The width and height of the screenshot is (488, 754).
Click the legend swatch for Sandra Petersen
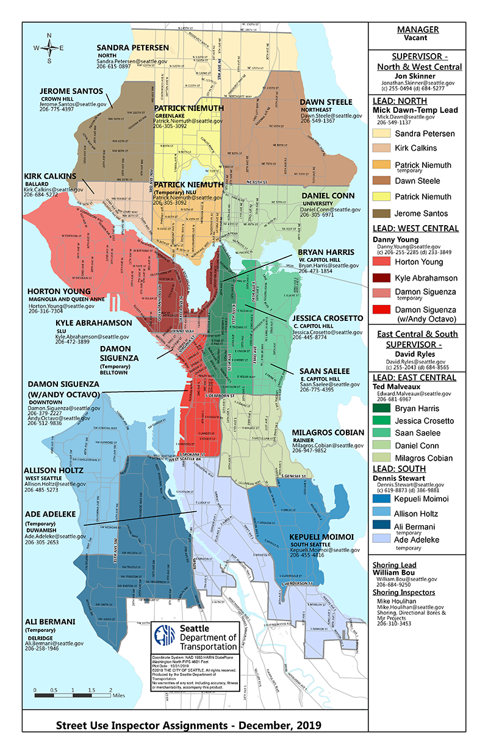tap(382, 133)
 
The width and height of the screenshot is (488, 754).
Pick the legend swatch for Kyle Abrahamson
tap(382, 278)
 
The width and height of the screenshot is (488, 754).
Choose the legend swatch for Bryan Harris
tap(382, 408)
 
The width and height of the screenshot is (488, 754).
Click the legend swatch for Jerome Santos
tap(382, 214)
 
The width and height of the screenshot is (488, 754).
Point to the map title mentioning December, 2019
tap(188, 725)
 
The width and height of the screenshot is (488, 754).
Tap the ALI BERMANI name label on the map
tap(50, 622)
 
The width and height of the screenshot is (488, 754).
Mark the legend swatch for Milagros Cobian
tap(382, 458)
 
